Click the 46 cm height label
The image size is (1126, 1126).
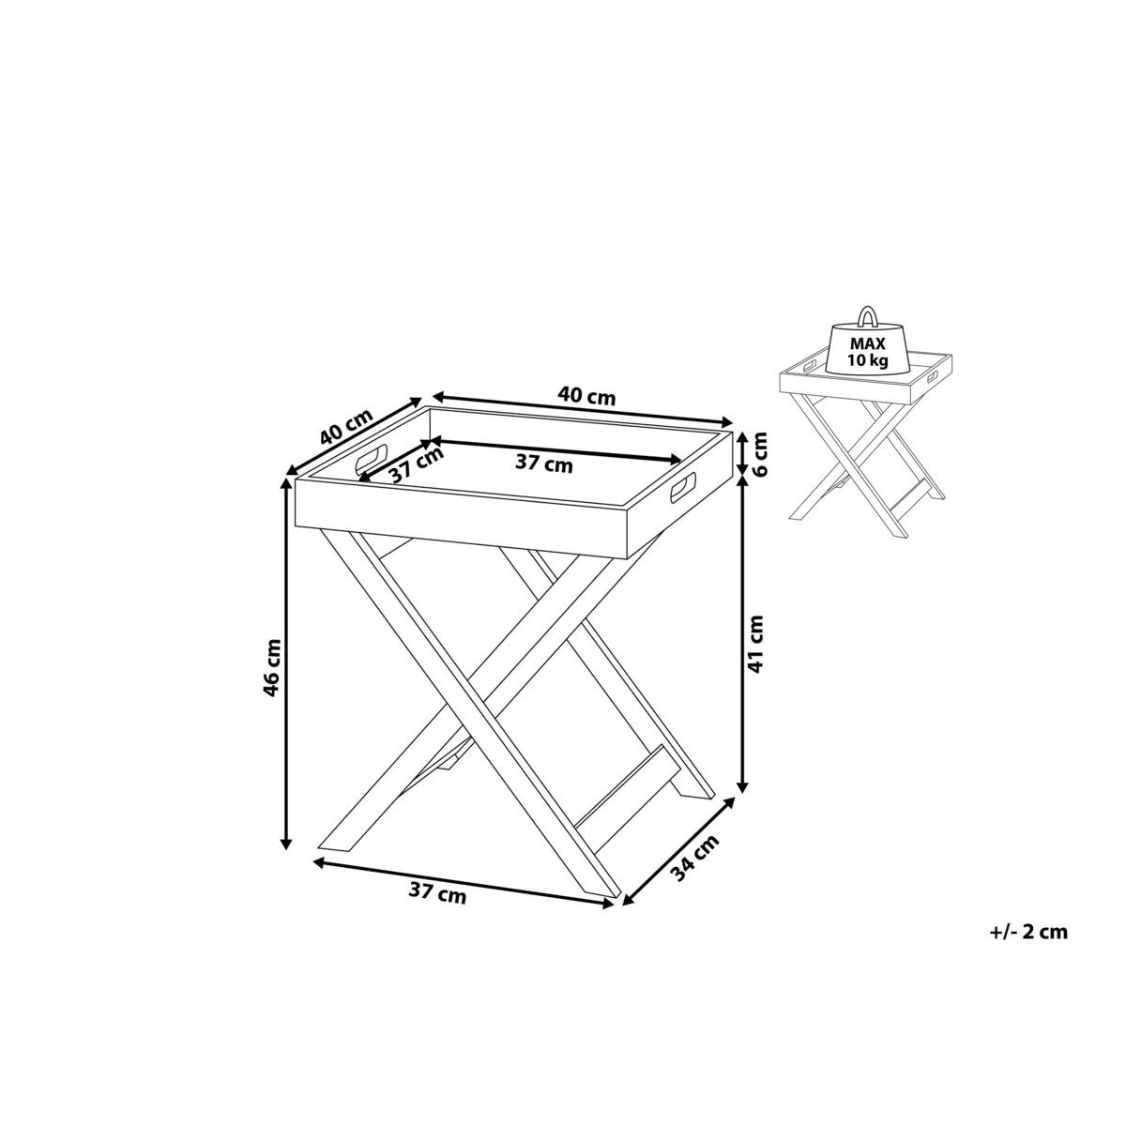[x=272, y=668]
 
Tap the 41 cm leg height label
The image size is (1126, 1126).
[x=755, y=644]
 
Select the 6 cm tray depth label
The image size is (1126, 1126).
[x=758, y=453]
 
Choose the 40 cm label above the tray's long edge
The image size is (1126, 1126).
[x=586, y=396]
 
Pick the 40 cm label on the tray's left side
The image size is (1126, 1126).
[x=346, y=426]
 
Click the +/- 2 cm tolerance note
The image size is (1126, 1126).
[x=1028, y=947]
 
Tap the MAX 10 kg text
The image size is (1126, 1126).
[x=868, y=352]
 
